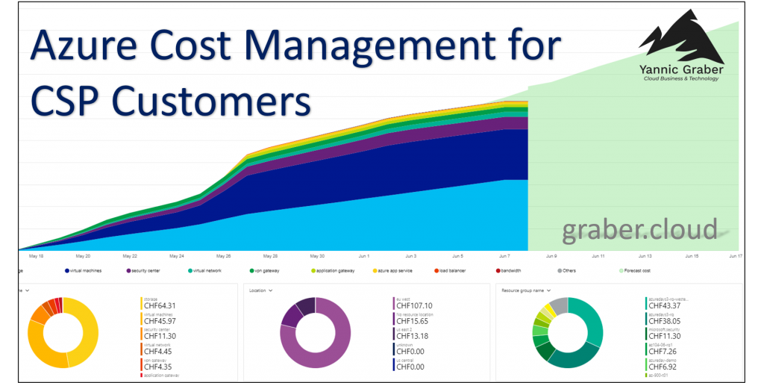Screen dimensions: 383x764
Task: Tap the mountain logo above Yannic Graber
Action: click(x=680, y=42)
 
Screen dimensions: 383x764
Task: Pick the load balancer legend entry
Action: click(x=452, y=270)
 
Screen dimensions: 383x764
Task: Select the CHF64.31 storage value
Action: click(x=160, y=305)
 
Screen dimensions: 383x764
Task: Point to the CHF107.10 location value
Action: click(x=416, y=305)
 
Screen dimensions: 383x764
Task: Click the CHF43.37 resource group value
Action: click(x=666, y=305)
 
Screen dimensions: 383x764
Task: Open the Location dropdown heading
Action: click(x=261, y=290)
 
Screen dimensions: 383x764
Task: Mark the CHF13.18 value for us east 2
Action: click(x=413, y=336)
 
